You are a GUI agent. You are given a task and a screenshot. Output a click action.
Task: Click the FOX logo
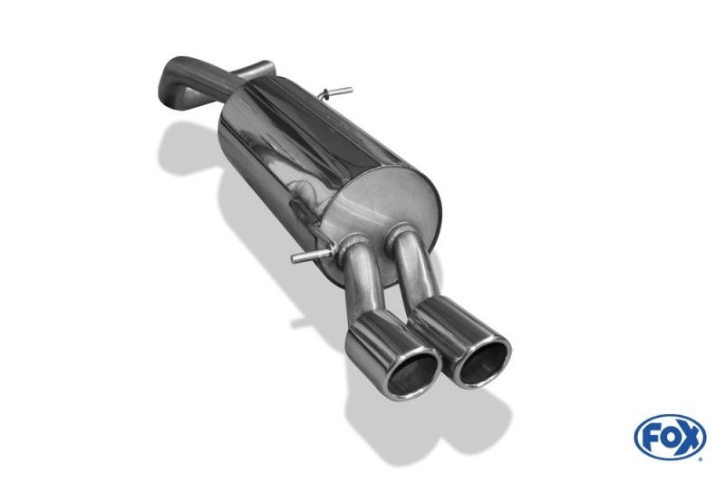[670, 437]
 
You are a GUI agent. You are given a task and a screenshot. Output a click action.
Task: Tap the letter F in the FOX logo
[651, 438]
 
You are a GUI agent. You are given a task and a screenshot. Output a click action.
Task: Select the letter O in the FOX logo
[669, 438]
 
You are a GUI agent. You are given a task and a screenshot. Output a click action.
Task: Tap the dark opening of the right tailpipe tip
[483, 364]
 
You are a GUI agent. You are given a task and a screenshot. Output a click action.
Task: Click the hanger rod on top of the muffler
[337, 92]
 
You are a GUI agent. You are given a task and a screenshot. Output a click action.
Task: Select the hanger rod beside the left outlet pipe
[311, 256]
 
